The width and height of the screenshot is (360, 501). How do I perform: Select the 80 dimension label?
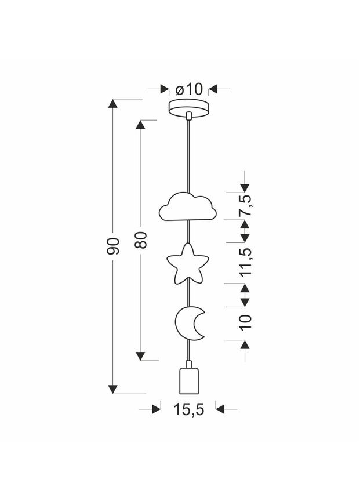point(141,239)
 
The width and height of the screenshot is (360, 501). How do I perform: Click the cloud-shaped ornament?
point(188,207)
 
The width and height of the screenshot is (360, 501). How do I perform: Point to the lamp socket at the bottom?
point(188,379)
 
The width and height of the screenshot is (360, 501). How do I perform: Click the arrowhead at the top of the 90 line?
point(113,104)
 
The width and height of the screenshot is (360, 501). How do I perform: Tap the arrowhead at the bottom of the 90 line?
point(113,389)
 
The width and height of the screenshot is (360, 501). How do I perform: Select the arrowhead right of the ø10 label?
point(212,89)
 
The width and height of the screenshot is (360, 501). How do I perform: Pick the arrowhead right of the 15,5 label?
point(220,409)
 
